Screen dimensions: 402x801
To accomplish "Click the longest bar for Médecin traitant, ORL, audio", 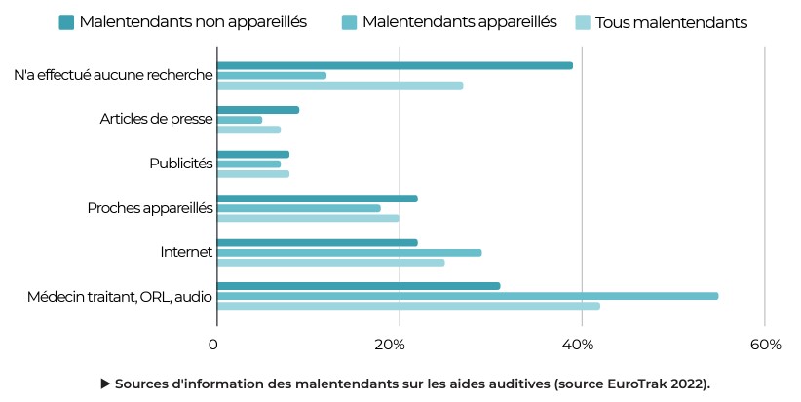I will click(467, 296).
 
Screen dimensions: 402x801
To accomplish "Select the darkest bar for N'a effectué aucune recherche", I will click(394, 65).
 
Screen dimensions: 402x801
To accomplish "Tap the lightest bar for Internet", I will click(330, 262).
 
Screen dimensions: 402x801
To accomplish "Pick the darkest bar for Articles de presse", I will click(257, 110).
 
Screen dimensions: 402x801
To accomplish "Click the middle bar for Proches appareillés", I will click(298, 208).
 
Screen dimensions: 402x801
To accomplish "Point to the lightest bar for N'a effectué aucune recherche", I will click(339, 86).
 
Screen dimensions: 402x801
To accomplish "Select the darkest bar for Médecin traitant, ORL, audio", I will click(358, 285).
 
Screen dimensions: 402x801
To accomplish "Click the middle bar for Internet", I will click(349, 252).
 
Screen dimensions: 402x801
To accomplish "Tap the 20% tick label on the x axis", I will click(390, 345).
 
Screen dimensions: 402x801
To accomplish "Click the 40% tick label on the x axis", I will click(579, 345).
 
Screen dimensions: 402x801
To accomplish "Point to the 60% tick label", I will click(765, 345).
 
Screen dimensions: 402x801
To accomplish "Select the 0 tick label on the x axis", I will click(213, 345).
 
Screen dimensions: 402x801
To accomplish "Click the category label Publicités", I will click(180, 164).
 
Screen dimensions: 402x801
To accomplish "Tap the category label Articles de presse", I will click(156, 119).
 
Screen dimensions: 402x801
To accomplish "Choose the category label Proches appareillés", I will click(149, 207).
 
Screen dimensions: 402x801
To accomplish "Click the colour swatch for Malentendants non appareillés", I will click(66, 21).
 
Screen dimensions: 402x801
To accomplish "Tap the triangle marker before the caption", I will click(106, 384).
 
